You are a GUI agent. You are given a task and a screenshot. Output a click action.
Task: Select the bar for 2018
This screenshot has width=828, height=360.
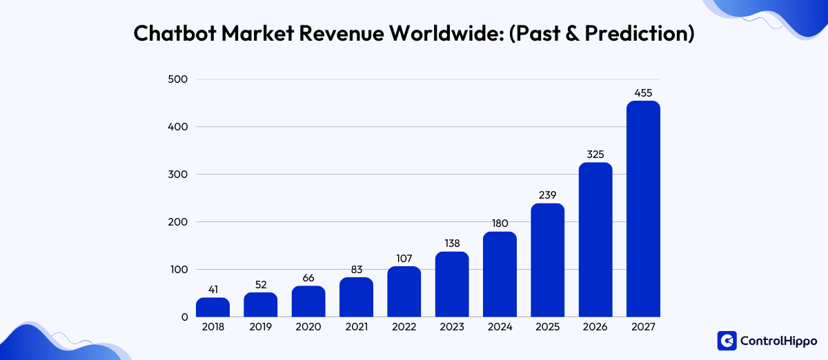tap(213, 308)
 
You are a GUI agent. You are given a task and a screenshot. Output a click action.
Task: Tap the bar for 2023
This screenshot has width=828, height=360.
tap(452, 284)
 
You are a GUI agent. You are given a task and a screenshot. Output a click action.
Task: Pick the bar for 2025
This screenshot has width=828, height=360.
tap(548, 260)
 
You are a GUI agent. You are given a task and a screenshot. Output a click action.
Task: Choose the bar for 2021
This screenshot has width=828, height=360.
tap(356, 297)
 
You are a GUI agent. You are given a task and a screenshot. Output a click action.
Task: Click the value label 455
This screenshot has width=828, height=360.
tap(643, 92)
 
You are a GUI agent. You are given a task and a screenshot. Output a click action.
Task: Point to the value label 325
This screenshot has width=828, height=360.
tap(595, 154)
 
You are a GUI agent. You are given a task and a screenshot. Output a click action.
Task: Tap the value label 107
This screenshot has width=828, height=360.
tap(404, 258)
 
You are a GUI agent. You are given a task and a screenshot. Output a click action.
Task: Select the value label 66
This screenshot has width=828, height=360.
tap(308, 277)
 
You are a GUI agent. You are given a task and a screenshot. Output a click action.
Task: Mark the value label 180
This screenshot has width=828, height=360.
tap(500, 223)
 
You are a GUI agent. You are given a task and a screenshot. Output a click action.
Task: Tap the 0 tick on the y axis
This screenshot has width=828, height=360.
tap(184, 317)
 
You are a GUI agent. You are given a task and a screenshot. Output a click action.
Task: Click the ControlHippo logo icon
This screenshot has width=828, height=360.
tap(727, 341)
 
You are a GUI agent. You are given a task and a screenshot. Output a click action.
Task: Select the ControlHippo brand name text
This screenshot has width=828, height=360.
tap(778, 341)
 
